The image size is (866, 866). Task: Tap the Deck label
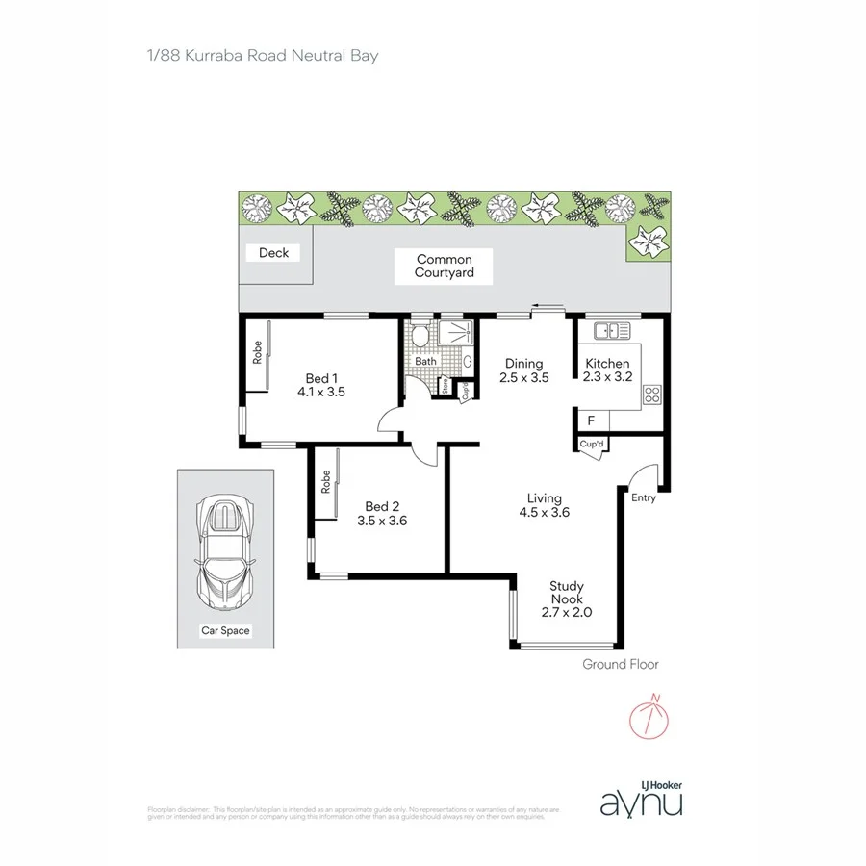pos(273,253)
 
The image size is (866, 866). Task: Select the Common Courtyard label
pos(444,267)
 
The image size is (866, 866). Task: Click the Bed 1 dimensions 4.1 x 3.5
pos(320,393)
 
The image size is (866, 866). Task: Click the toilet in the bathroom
pos(419,337)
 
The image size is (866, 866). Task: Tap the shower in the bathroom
pos(455,334)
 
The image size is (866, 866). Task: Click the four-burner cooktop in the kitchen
pos(651,394)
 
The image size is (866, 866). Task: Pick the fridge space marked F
pos(591,420)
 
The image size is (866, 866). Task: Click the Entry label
pos(643,497)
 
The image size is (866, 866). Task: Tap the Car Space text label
pos(224,631)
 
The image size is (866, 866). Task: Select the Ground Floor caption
pos(621,664)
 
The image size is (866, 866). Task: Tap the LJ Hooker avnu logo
pos(641,797)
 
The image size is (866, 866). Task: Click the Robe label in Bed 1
pos(258,353)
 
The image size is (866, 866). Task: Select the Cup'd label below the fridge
pos(591,444)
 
